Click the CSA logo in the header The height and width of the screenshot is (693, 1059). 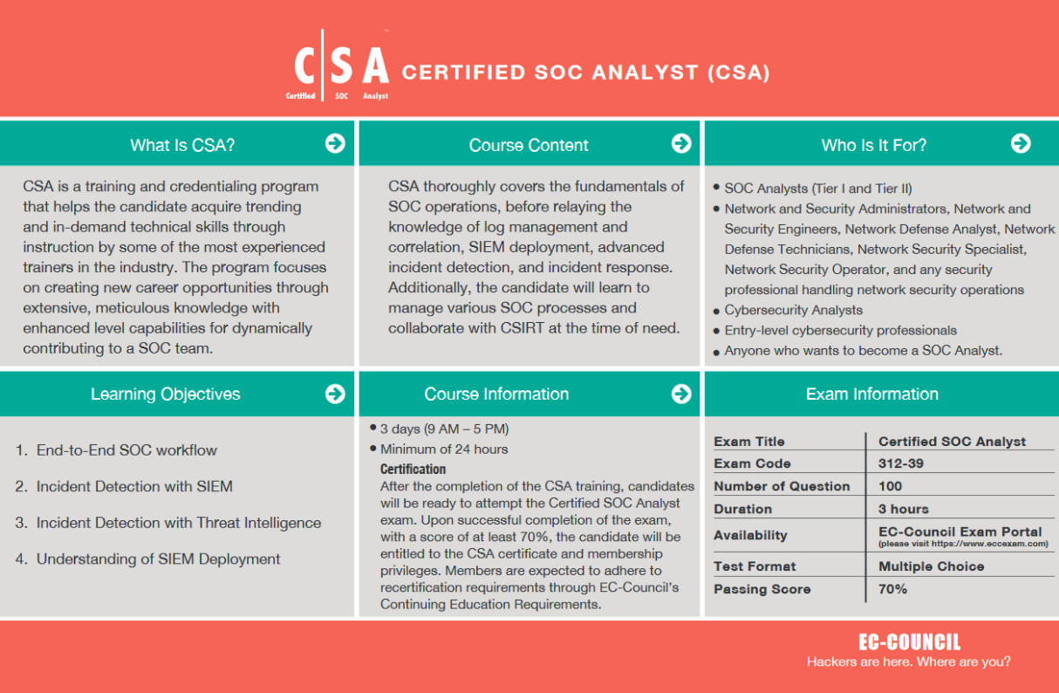[x=340, y=67]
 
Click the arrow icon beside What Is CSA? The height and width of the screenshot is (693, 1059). [x=335, y=144]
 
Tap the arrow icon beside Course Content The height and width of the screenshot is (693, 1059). [x=681, y=144]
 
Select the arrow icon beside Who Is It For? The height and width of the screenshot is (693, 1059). [x=1021, y=144]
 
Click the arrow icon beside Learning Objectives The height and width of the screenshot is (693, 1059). [x=335, y=394]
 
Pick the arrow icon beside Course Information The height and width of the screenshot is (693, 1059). [x=681, y=394]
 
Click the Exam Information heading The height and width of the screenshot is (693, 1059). [x=871, y=395]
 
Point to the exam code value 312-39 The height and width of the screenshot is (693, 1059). [x=901, y=463]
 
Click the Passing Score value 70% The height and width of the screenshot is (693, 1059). [x=892, y=589]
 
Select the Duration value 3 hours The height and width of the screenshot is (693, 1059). [x=903, y=509]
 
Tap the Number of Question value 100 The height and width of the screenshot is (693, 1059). [x=890, y=486]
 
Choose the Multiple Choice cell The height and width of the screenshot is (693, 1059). [x=931, y=566]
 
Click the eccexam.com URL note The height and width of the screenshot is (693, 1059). [x=963, y=544]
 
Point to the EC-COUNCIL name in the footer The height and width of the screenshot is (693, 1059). [x=908, y=642]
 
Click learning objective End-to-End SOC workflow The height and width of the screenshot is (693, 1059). [x=126, y=450]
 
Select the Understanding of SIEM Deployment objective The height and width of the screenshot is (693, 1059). [x=158, y=559]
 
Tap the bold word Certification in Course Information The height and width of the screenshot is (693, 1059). [x=413, y=470]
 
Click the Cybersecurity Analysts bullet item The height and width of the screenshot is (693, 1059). [x=793, y=310]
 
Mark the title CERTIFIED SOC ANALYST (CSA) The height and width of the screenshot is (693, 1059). [x=585, y=72]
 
